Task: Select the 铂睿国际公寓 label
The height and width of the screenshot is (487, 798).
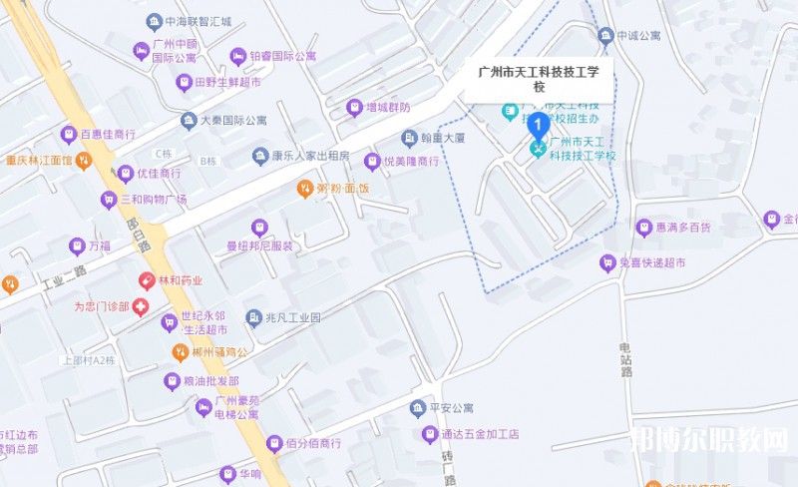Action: point(282,56)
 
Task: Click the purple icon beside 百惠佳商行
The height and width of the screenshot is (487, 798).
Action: point(69,134)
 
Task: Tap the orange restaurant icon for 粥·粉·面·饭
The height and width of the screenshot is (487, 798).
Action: point(305,188)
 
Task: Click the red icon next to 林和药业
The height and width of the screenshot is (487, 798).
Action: point(147,280)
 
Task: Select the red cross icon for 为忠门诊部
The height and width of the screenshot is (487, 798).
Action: point(141,306)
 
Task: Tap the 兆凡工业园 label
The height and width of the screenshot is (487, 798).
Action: point(293,317)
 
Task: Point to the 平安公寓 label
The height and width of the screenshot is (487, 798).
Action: point(449,407)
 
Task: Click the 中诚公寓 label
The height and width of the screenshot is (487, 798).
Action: point(638,36)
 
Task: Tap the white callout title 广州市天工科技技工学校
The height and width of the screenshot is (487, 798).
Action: point(540,79)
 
